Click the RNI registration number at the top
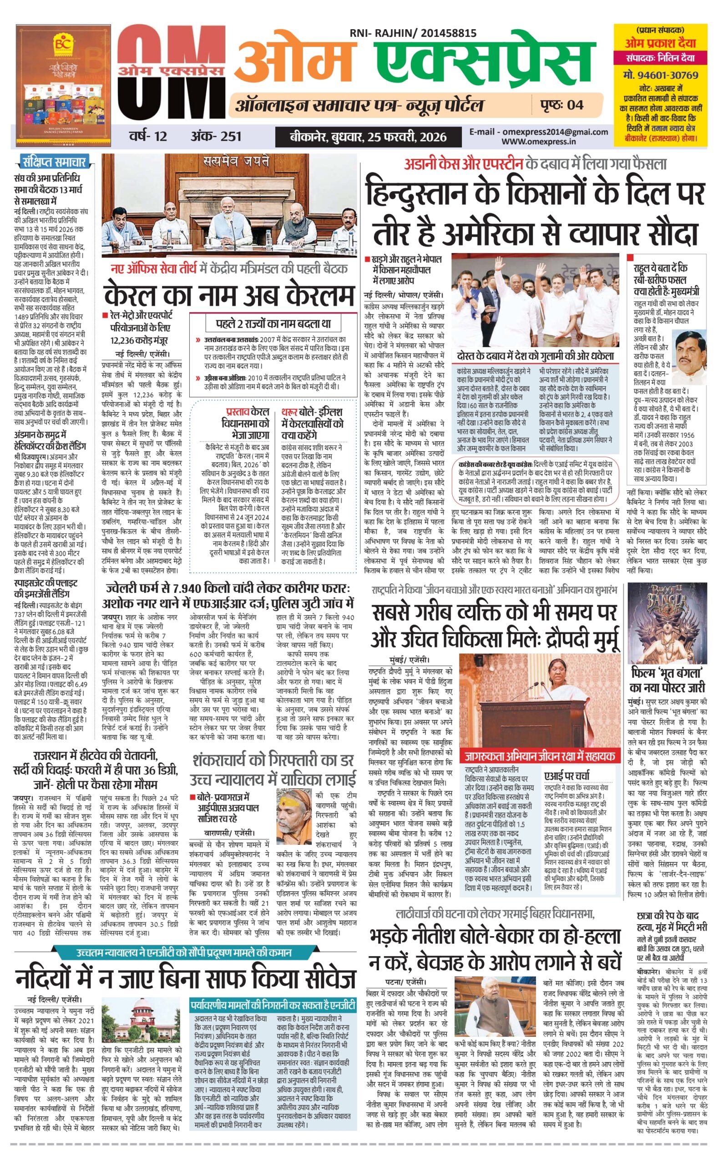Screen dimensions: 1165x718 (413, 33)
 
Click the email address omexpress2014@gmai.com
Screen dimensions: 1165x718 (539, 132)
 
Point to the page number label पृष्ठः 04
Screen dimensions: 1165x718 (562, 105)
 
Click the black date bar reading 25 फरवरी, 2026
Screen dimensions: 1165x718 (368, 137)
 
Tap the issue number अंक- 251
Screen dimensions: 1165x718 (216, 137)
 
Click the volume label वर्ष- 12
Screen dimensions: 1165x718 (148, 137)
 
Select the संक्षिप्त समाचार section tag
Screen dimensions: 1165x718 (54, 162)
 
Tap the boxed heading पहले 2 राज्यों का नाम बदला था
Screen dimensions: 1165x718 (273, 324)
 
